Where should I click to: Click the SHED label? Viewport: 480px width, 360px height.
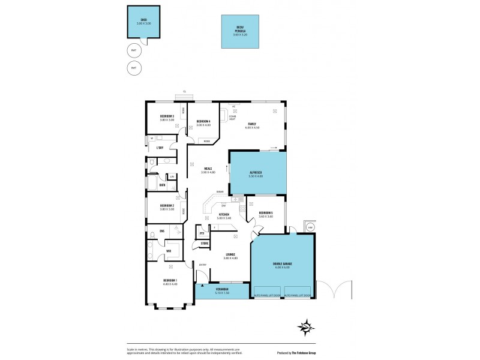click(144, 19)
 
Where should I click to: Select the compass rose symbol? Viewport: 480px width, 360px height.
click(307, 328)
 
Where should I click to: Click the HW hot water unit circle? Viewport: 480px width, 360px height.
click(310, 227)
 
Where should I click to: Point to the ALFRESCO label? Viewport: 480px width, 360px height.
click(257, 173)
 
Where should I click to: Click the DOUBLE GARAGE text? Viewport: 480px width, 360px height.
click(282, 263)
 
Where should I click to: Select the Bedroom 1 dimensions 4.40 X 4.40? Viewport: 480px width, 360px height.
click(170, 284)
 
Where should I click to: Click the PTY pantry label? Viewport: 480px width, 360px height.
click(202, 233)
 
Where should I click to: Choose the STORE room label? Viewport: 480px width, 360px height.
click(205, 243)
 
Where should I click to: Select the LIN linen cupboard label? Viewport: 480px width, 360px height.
click(172, 176)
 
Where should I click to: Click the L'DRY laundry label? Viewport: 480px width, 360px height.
click(160, 148)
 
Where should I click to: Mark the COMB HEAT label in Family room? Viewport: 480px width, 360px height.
click(232, 118)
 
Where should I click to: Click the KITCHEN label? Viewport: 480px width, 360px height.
click(224, 214)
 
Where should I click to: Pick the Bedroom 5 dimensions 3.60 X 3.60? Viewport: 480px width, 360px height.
click(266, 217)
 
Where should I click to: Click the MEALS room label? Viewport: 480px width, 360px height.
click(208, 169)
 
